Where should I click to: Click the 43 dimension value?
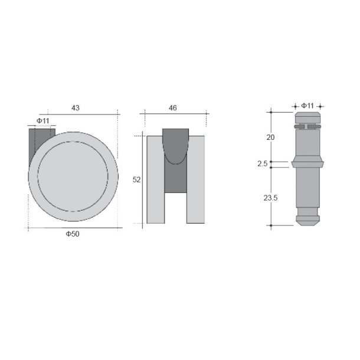[76, 108]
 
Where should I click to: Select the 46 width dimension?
[173, 108]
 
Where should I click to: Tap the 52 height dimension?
[136, 180]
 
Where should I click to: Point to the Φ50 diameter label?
[73, 234]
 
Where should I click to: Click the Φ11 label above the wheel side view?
[42, 120]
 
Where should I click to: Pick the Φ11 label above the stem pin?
[307, 106]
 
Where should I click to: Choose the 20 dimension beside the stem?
[271, 137]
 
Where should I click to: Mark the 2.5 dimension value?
[263, 163]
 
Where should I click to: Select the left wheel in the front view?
[155, 180]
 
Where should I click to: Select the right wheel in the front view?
[196, 180]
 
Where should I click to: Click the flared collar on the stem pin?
[307, 162]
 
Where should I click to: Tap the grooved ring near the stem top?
[307, 126]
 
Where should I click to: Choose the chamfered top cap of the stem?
[307, 116]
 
